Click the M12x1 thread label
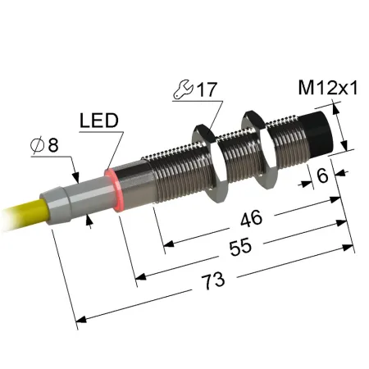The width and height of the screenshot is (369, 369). [328, 88]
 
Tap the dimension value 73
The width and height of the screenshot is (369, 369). [213, 280]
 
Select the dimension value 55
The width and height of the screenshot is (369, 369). [240, 247]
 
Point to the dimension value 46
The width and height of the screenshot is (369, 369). [252, 218]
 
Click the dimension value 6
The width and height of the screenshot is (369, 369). [322, 175]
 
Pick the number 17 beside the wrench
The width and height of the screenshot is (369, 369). [207, 89]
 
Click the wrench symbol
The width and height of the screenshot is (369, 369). [184, 89]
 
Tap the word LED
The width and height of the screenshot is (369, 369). [99, 121]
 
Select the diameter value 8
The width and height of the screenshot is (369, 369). [53, 144]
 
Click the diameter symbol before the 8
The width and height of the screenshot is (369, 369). [38, 145]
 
